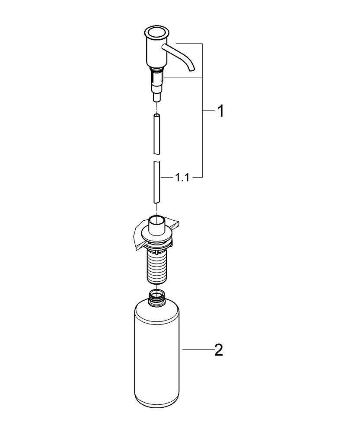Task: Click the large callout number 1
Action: tap(220, 111)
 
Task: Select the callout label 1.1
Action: tap(182, 178)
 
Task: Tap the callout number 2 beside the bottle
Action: tap(219, 349)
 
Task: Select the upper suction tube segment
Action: tap(156, 134)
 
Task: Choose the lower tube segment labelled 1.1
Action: tap(156, 181)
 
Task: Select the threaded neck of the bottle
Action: tap(156, 297)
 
